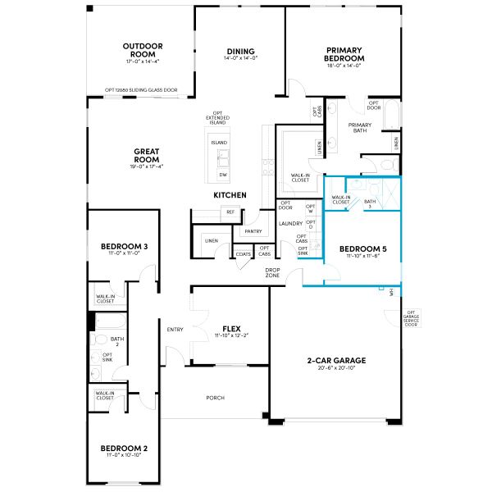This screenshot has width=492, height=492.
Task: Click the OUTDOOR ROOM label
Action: (x=142, y=50)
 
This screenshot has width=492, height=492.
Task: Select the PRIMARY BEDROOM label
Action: (x=344, y=54)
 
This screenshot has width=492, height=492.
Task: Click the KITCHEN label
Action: (x=230, y=195)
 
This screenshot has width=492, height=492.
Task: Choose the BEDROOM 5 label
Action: (x=362, y=248)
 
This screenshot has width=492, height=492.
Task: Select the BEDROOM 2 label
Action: (x=124, y=449)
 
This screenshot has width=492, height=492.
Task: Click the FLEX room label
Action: (x=230, y=327)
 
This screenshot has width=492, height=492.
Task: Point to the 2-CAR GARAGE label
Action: (x=338, y=360)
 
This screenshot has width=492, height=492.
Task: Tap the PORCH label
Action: (x=215, y=398)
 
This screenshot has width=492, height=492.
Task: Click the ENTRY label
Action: (x=175, y=330)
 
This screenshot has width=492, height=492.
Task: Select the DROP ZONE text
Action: (x=273, y=272)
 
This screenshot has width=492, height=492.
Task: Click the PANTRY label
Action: (x=252, y=232)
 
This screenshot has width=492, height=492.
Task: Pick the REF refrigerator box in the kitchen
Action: (x=230, y=212)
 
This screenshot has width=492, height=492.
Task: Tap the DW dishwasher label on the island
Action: (x=222, y=175)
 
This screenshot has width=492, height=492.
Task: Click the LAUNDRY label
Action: (x=291, y=223)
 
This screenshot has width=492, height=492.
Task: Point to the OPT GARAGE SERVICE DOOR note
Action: (x=412, y=317)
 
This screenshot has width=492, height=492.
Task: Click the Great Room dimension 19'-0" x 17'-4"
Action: (x=146, y=166)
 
